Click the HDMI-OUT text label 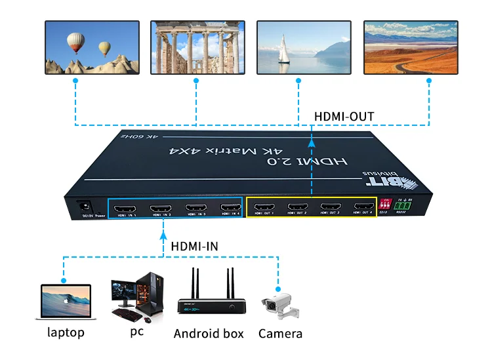click(344, 117)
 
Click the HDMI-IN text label click(194, 246)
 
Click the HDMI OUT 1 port click(262, 210)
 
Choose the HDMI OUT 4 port click(363, 210)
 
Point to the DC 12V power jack click(84, 205)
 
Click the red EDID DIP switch click(386, 205)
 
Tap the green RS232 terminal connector click(405, 205)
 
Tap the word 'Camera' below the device click(280, 333)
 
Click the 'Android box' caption click(209, 333)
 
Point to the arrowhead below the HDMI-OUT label click(311, 140)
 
